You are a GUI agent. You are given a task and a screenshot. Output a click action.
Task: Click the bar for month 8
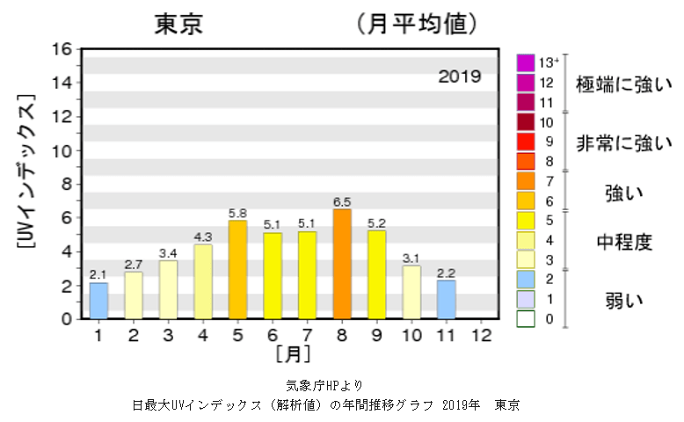tap(342, 264)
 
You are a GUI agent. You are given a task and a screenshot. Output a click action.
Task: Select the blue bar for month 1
tap(98, 300)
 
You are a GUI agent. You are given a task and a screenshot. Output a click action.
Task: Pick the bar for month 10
tap(411, 292)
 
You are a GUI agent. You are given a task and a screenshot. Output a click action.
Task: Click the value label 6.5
tap(342, 201)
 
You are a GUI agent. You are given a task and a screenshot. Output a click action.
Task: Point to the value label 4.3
tap(203, 237)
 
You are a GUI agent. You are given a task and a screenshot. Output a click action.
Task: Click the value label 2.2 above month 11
tap(447, 273)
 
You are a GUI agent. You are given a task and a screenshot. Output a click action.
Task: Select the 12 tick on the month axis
tap(481, 335)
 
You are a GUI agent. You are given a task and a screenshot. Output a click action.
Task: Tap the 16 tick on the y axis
tap(62, 49)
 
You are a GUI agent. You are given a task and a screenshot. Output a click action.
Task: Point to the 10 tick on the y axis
tap(62, 150)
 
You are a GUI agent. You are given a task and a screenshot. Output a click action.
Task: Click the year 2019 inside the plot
tap(460, 76)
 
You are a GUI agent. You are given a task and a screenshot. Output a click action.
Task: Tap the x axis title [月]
tap(290, 354)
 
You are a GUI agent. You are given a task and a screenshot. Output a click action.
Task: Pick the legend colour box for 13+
tap(526, 62)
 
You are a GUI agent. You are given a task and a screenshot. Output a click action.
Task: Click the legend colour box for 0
tap(526, 318)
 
